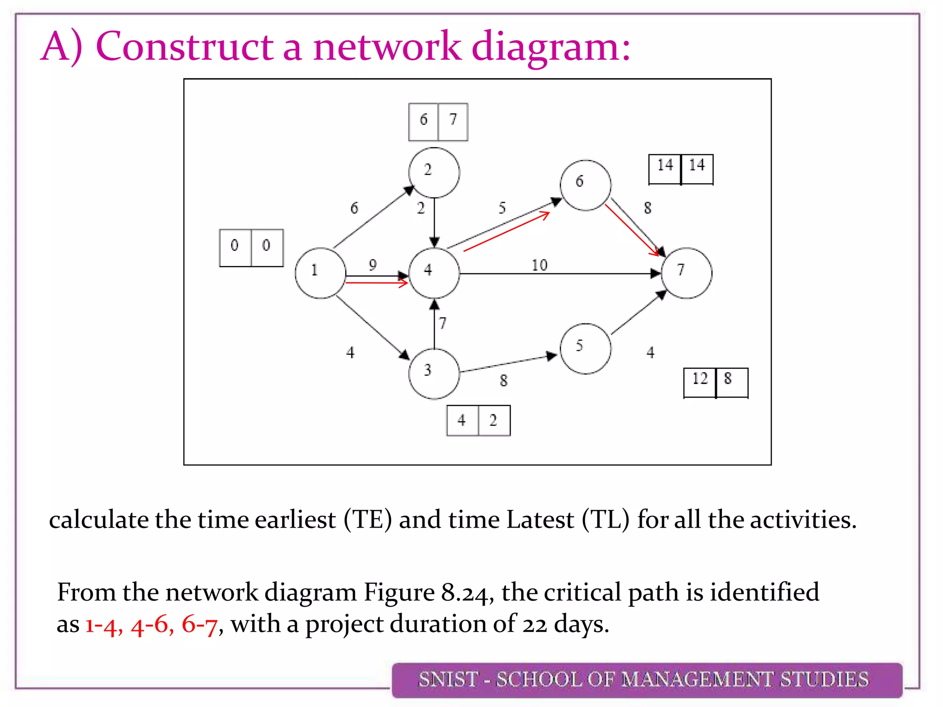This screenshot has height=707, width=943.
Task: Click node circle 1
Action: pos(320,273)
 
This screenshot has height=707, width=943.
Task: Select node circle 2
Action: pos(434,173)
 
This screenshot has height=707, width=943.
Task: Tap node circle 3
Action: pos(434,374)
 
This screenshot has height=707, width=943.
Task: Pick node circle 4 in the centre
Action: pos(434,273)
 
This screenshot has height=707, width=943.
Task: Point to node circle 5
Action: pos(585,348)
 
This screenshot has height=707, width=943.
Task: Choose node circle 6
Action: pos(585,185)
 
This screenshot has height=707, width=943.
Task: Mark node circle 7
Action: pos(687,273)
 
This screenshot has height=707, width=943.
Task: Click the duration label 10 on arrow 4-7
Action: pos(539,265)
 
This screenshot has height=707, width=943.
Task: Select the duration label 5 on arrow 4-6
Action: pos(502,208)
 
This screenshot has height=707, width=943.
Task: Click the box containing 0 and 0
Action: pos(251,248)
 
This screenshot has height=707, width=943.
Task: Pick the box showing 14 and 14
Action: pos(681,169)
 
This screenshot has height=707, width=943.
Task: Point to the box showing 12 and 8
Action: pos(716,382)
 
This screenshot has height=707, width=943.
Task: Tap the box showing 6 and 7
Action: pos(438,122)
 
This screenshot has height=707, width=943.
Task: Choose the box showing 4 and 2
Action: pos(478,420)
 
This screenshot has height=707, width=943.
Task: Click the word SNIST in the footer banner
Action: pos(448,680)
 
